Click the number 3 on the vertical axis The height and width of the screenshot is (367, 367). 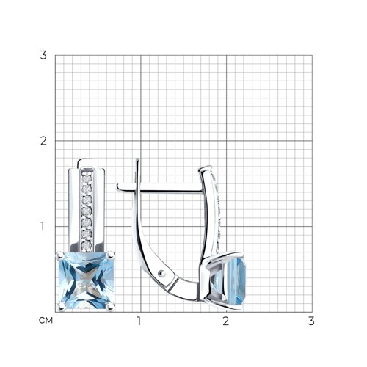pyautogui.click(x=43, y=55)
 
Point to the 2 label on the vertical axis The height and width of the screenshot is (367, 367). pyautogui.click(x=43, y=141)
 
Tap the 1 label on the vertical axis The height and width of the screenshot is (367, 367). pyautogui.click(x=43, y=226)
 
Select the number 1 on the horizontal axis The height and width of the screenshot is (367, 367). pyautogui.click(x=139, y=321)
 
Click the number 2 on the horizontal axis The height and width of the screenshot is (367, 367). pyautogui.click(x=225, y=321)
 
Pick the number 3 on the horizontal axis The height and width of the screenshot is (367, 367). pyautogui.click(x=311, y=321)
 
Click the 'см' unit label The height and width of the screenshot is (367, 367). pyautogui.click(x=46, y=321)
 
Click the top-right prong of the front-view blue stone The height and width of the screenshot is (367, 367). pyautogui.click(x=111, y=255)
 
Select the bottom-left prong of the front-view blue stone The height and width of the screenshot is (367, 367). pyautogui.click(x=60, y=305)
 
